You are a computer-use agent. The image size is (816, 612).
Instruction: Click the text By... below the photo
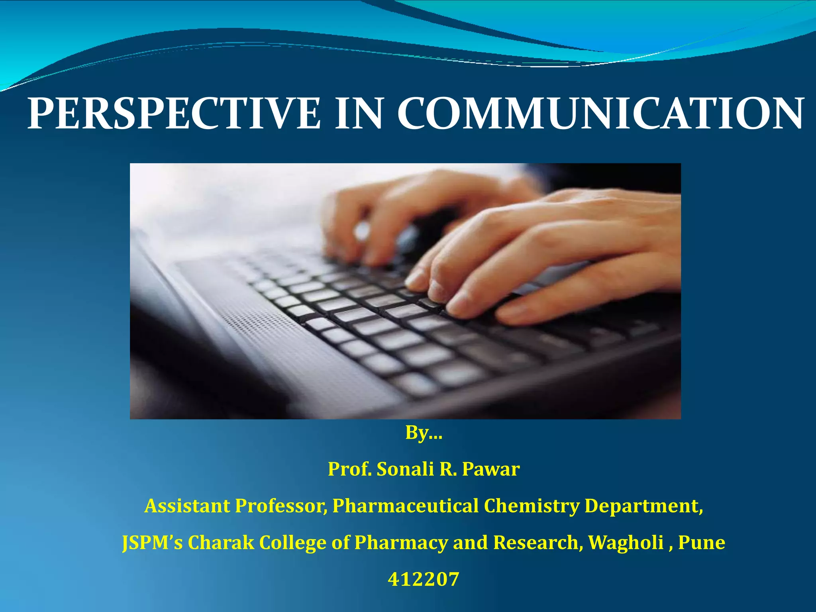click(x=424, y=433)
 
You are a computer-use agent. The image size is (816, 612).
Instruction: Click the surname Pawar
click(x=490, y=469)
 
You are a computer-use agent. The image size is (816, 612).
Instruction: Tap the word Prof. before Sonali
click(x=349, y=469)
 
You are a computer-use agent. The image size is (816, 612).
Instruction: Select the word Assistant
click(x=187, y=506)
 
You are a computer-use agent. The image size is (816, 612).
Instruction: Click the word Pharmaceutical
click(x=405, y=506)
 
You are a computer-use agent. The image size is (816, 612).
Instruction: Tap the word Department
click(x=643, y=506)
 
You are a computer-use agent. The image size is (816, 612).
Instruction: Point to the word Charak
click(x=221, y=543)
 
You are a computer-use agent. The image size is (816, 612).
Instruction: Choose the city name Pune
click(x=701, y=543)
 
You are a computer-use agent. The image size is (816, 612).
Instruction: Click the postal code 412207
click(x=424, y=579)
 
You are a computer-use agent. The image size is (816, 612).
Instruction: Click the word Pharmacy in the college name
click(x=401, y=543)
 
